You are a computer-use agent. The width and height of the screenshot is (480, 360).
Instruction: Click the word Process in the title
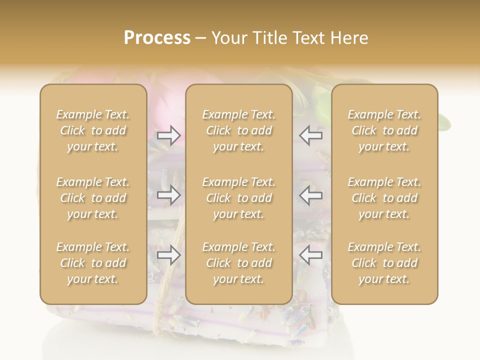pos(157,38)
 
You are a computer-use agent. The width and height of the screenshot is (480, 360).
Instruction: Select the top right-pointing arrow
pos(169,135)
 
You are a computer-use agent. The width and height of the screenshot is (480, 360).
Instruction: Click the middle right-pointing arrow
pos(169,195)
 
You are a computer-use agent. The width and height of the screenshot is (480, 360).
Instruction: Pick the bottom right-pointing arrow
pos(169,255)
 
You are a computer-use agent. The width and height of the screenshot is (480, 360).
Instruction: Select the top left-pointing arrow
pos(310,135)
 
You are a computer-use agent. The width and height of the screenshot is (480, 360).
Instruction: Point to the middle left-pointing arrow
pos(310,195)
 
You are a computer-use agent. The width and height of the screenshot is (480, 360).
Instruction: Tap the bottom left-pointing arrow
pos(310,255)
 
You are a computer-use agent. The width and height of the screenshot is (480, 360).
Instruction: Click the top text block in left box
pos(93,130)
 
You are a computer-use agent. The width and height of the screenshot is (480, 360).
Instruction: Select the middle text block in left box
pos(93,198)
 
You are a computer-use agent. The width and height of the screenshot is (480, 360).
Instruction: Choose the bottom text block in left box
pos(93,263)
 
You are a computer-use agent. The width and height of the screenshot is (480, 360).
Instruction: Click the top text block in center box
pos(239,130)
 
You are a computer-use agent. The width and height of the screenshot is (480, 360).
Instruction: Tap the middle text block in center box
pos(239,198)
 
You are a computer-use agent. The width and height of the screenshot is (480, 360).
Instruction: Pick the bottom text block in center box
pos(239,263)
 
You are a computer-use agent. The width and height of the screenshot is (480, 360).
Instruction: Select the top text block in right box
pos(384,130)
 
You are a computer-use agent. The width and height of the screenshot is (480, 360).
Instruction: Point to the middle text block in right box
pos(384,198)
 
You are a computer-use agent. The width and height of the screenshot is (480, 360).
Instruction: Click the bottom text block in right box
pos(384,263)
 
